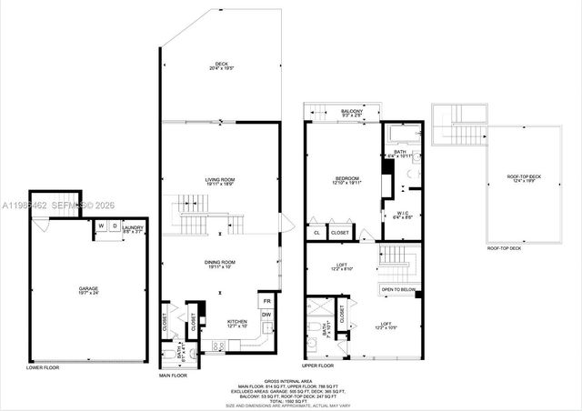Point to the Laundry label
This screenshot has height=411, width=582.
coord(134,229)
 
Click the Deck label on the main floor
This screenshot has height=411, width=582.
coord(221,65)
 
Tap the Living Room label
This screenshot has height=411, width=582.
coord(221,182)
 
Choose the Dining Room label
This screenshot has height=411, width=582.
coord(221,265)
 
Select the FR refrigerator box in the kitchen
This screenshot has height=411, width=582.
coord(267,301)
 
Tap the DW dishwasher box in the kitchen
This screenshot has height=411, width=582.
coord(267,316)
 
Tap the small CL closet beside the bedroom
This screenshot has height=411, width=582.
coord(316,233)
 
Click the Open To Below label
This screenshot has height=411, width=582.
coord(399,291)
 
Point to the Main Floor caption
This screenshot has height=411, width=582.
coord(173,375)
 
